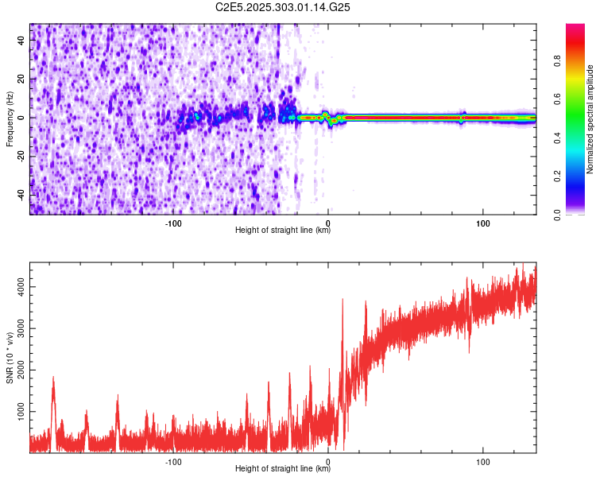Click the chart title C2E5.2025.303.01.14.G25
pos(283,7)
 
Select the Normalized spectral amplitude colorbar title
pos(590,118)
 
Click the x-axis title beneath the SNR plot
pos(283,469)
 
